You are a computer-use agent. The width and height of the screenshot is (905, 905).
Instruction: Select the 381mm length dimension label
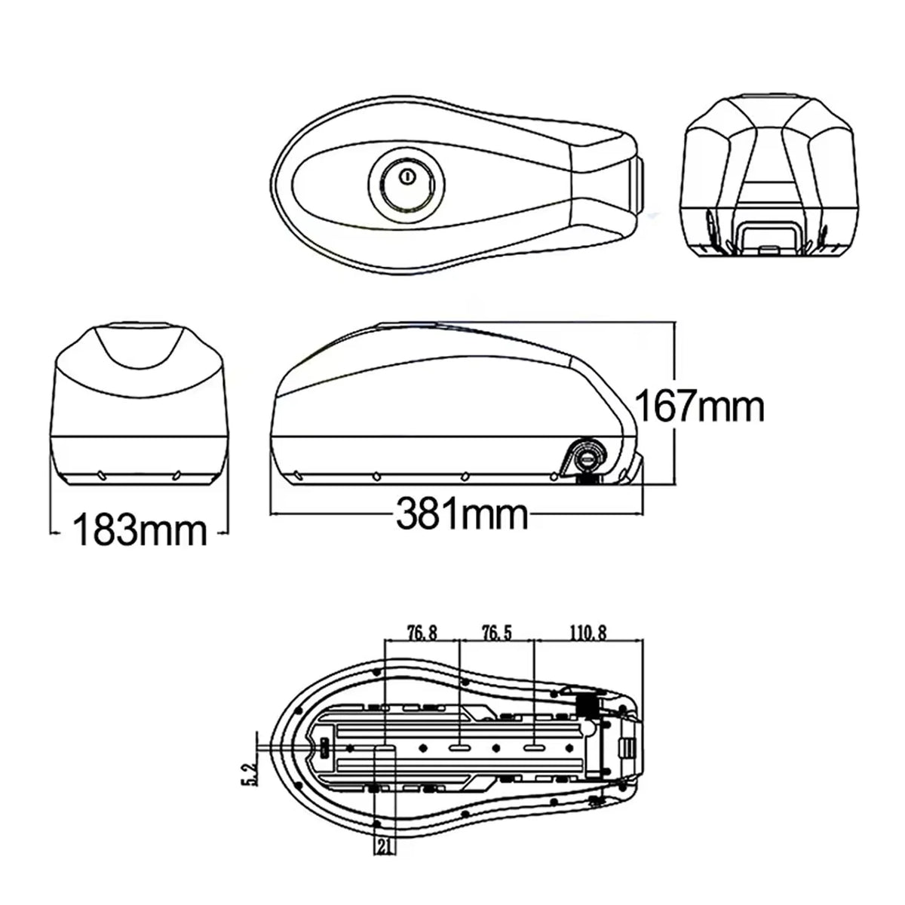point(462,517)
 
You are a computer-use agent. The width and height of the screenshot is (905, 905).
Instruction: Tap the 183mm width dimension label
point(140,531)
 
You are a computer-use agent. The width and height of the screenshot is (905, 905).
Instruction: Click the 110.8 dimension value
point(589,632)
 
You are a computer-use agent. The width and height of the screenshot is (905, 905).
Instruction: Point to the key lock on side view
point(587,456)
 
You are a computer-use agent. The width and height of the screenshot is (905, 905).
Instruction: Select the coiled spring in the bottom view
point(587,704)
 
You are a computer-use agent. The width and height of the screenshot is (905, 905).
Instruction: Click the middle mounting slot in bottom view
point(459,746)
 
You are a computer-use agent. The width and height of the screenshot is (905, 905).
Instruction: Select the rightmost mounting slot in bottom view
point(533,746)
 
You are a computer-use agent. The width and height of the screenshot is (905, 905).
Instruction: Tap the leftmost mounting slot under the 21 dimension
point(385,746)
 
